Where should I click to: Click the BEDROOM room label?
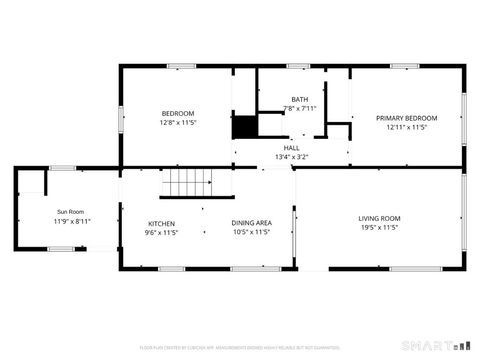click(178, 113)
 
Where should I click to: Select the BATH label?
click(300, 99)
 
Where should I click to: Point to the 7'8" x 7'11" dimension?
click(300, 108)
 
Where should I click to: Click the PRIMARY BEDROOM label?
click(407, 117)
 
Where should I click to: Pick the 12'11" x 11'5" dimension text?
click(407, 127)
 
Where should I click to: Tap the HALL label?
click(291, 148)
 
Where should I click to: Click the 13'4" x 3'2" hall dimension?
click(291, 157)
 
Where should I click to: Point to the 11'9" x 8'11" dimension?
click(71, 221)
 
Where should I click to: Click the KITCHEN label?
click(161, 223)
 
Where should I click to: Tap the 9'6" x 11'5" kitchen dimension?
click(161, 232)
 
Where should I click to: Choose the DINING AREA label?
click(251, 223)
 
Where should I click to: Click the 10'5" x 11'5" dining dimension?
click(251, 232)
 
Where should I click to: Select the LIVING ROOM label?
click(379, 218)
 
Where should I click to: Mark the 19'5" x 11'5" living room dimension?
click(379, 227)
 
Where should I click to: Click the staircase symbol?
click(188, 183)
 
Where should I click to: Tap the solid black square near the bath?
click(244, 127)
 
